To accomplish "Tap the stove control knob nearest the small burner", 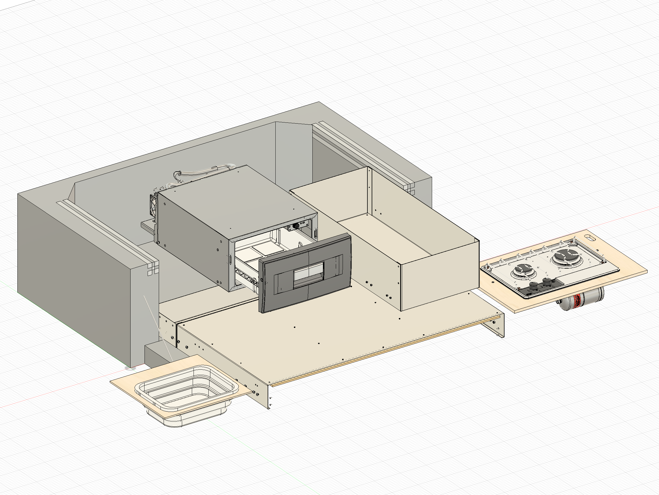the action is (534, 286).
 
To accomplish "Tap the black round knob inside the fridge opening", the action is (296, 226).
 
